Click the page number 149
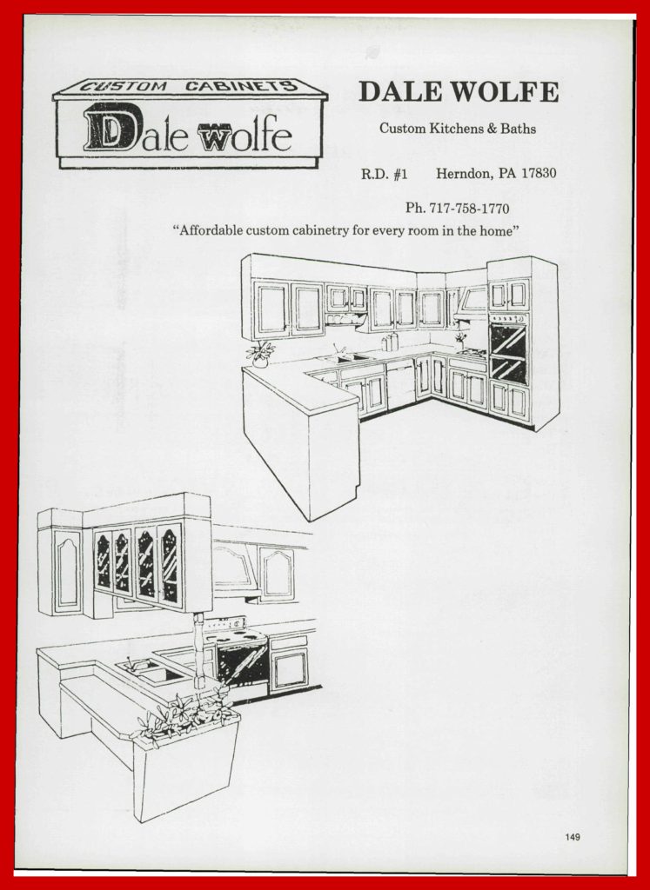[x=573, y=837]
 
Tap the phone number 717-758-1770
[x=469, y=209]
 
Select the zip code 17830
[x=539, y=173]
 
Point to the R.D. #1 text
[x=384, y=174]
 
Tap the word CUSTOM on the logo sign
[x=123, y=87]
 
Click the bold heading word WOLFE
[x=508, y=92]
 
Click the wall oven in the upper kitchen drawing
[x=508, y=348]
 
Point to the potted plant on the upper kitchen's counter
[x=261, y=354]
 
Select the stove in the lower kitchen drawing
[x=238, y=655]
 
